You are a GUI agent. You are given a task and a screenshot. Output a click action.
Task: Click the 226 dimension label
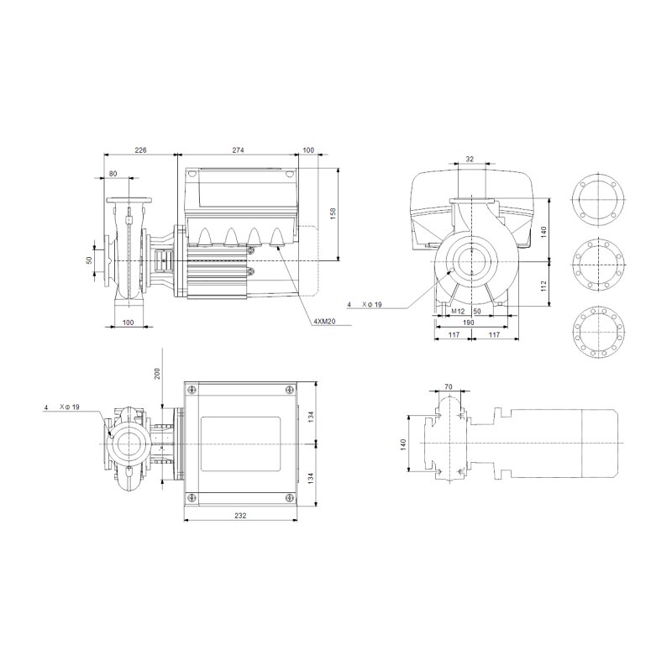140,150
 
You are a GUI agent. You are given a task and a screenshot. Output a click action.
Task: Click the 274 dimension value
238,150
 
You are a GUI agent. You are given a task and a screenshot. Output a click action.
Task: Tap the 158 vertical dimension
333,214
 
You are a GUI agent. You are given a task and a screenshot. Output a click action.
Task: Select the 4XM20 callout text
324,321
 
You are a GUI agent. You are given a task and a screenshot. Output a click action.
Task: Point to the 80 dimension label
113,174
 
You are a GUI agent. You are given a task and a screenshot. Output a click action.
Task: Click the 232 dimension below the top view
240,516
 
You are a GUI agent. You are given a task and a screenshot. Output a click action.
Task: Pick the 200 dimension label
157,374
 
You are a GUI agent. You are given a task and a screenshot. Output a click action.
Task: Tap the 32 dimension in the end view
470,159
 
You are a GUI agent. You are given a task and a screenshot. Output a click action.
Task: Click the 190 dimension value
469,323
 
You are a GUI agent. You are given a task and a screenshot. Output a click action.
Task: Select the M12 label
458,312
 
